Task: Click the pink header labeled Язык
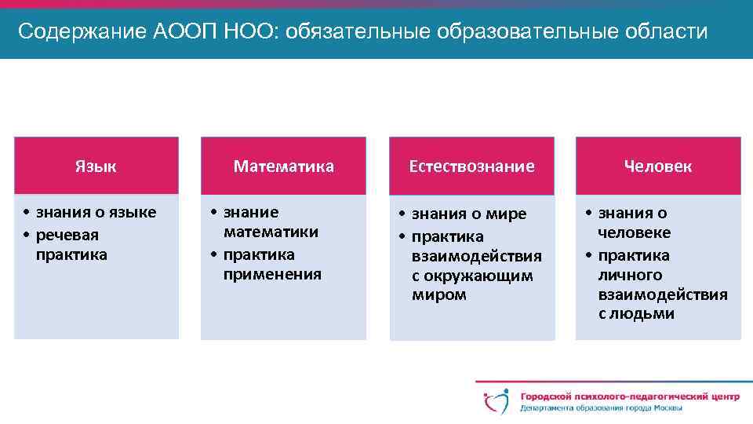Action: pyautogui.click(x=96, y=166)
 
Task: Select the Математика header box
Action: pyautogui.click(x=283, y=166)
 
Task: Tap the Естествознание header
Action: pyautogui.click(x=471, y=166)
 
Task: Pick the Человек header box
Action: pyautogui.click(x=658, y=166)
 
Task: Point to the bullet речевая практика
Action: pyautogui.click(x=71, y=245)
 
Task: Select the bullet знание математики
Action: pyautogui.click(x=270, y=222)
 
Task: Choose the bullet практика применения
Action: pyautogui.click(x=271, y=265)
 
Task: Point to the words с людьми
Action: pyautogui.click(x=636, y=314)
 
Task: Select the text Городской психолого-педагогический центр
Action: pyautogui.click(x=630, y=397)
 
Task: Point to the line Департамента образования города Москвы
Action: pyautogui.click(x=601, y=408)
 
